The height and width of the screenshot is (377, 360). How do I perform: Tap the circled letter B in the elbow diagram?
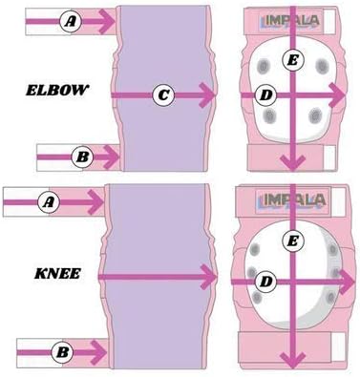click(x=82, y=153)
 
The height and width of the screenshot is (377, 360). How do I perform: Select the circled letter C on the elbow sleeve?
click(x=163, y=94)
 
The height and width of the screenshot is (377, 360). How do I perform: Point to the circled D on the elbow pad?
click(x=266, y=94)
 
